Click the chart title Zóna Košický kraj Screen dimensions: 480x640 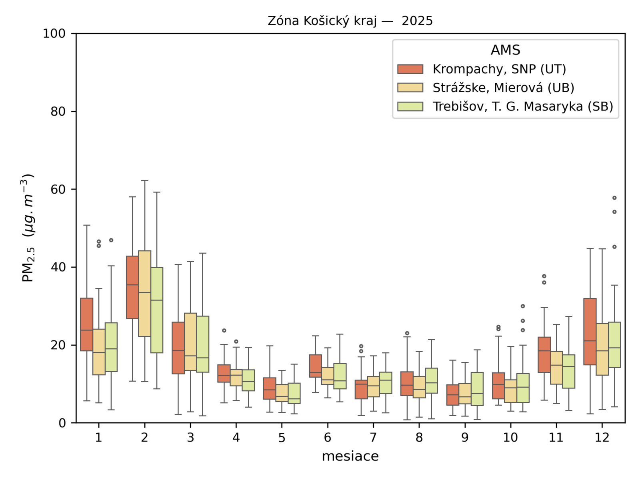point(350,21)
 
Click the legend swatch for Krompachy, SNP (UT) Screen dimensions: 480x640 point(410,69)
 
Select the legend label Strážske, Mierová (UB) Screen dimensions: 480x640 point(503,88)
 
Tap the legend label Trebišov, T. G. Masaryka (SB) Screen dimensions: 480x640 point(522,106)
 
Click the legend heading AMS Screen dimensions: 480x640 point(505,50)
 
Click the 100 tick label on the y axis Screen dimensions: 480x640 point(54,34)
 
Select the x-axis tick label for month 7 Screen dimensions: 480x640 point(373,438)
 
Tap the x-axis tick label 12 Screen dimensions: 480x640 point(602,438)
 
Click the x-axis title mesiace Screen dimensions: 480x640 point(350,456)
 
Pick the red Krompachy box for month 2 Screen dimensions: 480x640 point(132,287)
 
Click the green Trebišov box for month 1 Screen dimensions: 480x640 point(111,347)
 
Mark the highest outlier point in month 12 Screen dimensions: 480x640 point(614,198)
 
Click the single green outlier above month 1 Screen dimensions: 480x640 point(111,240)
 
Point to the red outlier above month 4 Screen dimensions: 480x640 point(224,330)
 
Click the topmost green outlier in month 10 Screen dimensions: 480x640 point(522,306)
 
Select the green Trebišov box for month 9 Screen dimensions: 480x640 point(477,389)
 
